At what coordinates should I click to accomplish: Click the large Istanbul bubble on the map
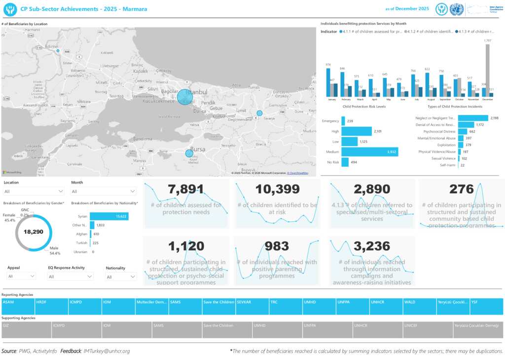pos(184,97)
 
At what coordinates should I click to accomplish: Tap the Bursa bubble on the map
pos(189,153)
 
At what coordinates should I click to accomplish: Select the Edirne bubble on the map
pos(58,51)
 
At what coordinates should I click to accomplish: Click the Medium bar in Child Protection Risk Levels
pos(369,152)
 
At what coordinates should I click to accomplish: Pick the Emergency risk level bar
pos(343,121)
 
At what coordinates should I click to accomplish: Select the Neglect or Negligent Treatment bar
pos(473,118)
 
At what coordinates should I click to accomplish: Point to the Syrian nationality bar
pos(109,216)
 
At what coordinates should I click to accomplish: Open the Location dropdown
pos(34,191)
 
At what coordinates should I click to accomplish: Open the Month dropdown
pos(104,191)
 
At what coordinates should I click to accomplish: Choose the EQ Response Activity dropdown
pos(71,277)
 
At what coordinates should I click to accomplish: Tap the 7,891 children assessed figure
pos(185,189)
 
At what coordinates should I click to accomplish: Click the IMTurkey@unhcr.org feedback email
pos(107,351)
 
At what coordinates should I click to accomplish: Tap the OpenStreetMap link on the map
pos(298,174)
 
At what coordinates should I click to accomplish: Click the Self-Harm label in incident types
pos(448,165)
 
